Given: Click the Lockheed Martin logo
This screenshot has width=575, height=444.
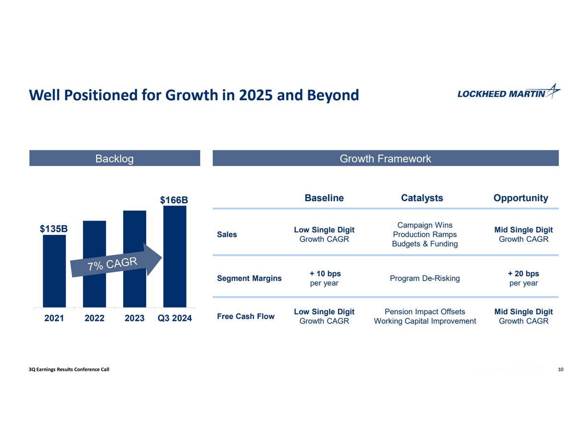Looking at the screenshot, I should [x=508, y=92].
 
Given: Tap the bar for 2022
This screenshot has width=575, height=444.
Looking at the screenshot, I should [x=94, y=287].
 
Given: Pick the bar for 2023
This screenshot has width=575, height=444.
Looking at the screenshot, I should [x=135, y=287].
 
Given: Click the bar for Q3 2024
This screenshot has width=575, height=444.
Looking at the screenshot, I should [x=174, y=287].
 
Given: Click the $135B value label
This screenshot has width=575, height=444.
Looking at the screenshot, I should [x=54, y=229].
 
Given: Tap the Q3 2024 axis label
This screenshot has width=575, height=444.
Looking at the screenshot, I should [x=174, y=318].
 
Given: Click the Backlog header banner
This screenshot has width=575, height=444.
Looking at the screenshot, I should [x=115, y=159].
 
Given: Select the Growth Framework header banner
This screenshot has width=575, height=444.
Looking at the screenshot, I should [x=385, y=159].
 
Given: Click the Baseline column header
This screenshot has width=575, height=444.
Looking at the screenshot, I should [x=324, y=198].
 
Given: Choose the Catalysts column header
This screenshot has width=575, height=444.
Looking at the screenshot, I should [x=422, y=198].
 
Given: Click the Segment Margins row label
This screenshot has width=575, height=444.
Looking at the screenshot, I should [x=249, y=278].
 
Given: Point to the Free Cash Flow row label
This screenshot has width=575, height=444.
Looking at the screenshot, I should [x=246, y=316].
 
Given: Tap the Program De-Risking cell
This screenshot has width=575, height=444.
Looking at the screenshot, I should [x=425, y=278].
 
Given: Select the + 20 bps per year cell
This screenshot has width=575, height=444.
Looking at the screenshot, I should [x=523, y=278].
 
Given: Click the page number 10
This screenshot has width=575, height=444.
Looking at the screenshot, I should [x=561, y=369].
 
